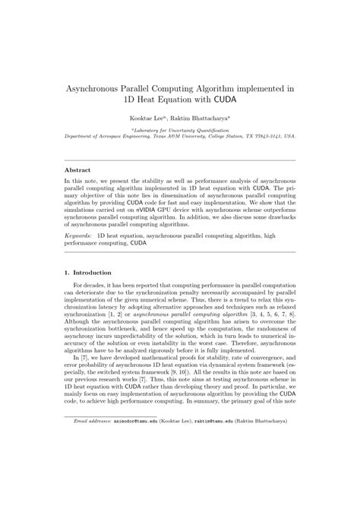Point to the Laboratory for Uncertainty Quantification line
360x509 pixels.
tap(180, 129)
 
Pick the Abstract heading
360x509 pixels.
tap(77, 171)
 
